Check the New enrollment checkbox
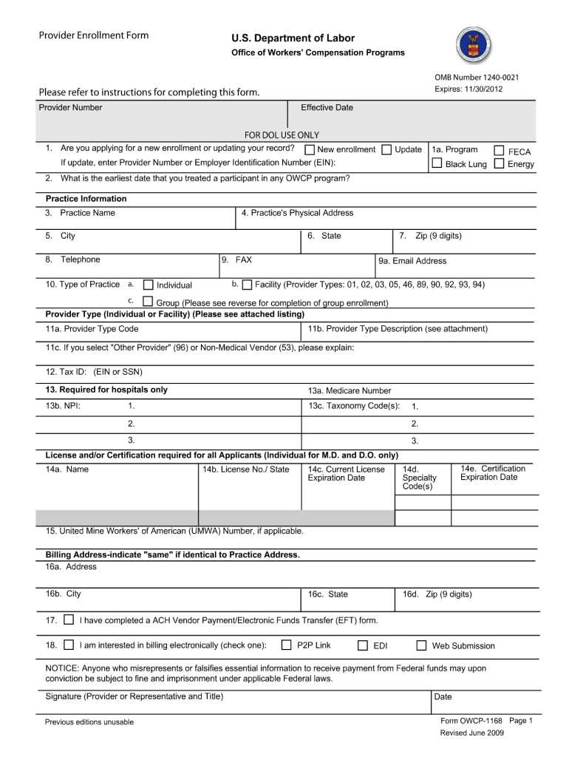(310, 150)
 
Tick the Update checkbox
(386, 150)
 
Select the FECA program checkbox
(499, 151)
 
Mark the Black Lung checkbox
(437, 163)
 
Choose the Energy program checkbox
(499, 163)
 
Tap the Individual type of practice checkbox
(148, 285)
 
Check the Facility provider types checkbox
(247, 285)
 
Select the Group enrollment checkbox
(148, 302)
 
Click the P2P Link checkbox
(287, 645)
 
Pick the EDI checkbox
(363, 645)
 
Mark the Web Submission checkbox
(421, 645)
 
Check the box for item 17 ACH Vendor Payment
(69, 619)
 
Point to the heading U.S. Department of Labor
(293, 38)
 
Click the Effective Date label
(327, 108)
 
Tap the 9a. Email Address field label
(412, 261)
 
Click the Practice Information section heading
(86, 199)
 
